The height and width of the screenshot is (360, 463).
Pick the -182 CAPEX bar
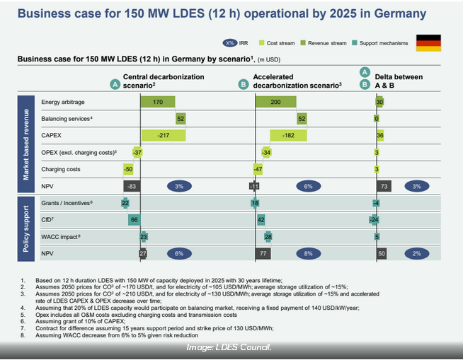288,134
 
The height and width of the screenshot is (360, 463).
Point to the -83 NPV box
130,186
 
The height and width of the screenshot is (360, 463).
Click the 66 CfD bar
132,220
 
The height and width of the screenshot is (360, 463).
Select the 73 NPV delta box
383,186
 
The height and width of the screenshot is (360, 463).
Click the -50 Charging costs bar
127,169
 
